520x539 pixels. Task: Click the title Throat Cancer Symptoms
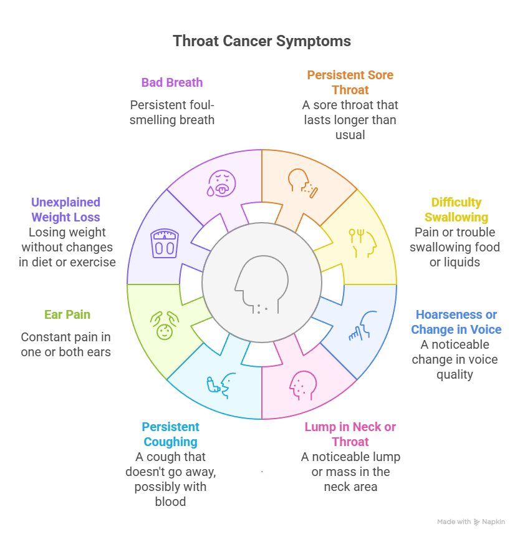click(261, 42)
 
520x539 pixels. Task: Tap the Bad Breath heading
click(171, 82)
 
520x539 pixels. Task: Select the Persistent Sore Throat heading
click(350, 82)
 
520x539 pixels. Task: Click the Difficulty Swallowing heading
click(456, 210)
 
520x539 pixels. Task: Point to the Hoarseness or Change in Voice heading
click(456, 322)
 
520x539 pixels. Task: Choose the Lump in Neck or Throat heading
click(350, 434)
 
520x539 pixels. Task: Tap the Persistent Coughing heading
click(170, 434)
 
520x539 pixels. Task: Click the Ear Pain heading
click(67, 314)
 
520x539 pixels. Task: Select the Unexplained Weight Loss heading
click(65, 210)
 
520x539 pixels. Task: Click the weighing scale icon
click(165, 243)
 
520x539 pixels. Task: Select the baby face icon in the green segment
click(164, 326)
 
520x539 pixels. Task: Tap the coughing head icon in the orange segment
click(302, 182)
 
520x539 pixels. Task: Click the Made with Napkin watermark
click(471, 522)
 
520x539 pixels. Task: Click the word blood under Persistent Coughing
click(170, 502)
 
